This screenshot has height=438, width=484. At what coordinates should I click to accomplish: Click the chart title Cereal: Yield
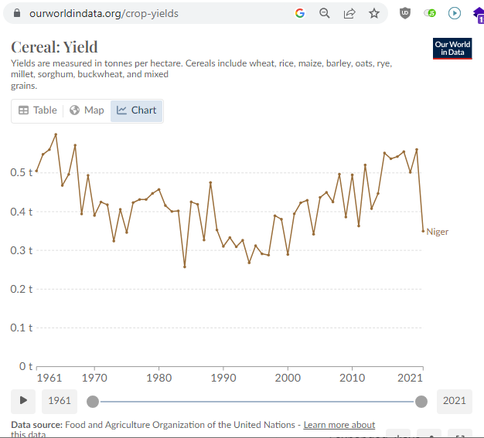[x=54, y=47]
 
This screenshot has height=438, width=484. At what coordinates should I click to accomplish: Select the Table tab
[x=38, y=110]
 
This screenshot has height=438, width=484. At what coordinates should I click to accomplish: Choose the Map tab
[x=87, y=110]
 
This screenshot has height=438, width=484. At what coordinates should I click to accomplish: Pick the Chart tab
[x=136, y=110]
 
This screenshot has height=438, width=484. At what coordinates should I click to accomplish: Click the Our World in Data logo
[x=452, y=49]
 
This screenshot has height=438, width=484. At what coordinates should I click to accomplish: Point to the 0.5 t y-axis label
[x=22, y=172]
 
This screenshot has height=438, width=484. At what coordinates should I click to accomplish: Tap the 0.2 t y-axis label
[x=22, y=289]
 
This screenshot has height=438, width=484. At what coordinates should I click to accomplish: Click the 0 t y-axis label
[x=26, y=366]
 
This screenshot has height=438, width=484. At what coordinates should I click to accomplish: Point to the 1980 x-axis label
[x=159, y=378]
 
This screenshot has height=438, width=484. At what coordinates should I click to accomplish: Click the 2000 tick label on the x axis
[x=288, y=378]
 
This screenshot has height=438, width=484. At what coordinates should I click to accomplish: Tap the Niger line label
[x=437, y=232]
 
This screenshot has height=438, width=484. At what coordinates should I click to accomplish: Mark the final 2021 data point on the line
[x=423, y=230]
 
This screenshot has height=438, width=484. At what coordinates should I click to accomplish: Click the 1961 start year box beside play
[x=60, y=400]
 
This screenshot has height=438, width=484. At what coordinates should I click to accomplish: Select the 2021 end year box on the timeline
[x=455, y=400]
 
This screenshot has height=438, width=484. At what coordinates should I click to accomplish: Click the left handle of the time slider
[x=93, y=401]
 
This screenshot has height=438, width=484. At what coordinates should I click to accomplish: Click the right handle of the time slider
[x=421, y=401]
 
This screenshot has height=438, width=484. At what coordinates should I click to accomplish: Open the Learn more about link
[x=339, y=425]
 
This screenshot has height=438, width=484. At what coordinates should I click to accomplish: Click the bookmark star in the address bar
[x=374, y=13]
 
